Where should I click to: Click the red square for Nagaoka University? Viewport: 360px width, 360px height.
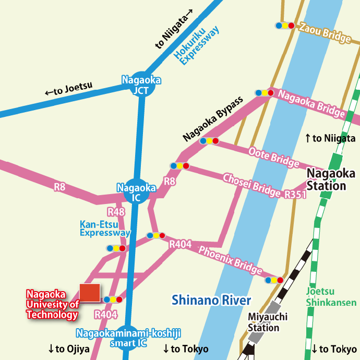click(90, 293)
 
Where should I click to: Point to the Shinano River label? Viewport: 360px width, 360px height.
click(212, 301)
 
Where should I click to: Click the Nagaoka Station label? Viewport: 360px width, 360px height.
click(326, 179)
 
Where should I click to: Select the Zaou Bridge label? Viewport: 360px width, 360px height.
click(323, 33)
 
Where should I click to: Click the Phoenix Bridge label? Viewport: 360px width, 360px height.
click(230, 259)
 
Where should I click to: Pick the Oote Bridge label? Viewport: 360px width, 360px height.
click(273, 158)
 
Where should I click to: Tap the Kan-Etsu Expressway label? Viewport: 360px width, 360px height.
click(105, 229)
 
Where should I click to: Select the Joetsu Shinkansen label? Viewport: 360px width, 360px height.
click(331, 297)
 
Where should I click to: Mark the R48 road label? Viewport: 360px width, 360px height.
click(116, 212)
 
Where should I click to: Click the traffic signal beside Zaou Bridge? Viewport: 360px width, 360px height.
click(285, 25)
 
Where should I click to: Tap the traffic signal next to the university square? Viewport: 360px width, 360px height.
click(113, 299)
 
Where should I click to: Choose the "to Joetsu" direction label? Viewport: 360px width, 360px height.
click(68, 90)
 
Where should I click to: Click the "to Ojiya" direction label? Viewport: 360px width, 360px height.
click(68, 349)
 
